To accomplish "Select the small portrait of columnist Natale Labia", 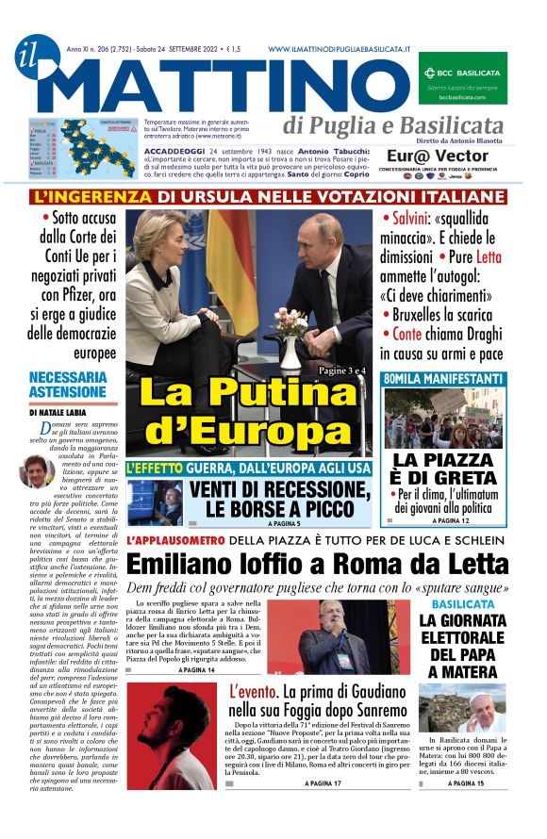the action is point(36,469).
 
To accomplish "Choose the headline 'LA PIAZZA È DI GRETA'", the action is point(444,469).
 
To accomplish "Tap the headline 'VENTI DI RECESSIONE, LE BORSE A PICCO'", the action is point(277,499).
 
